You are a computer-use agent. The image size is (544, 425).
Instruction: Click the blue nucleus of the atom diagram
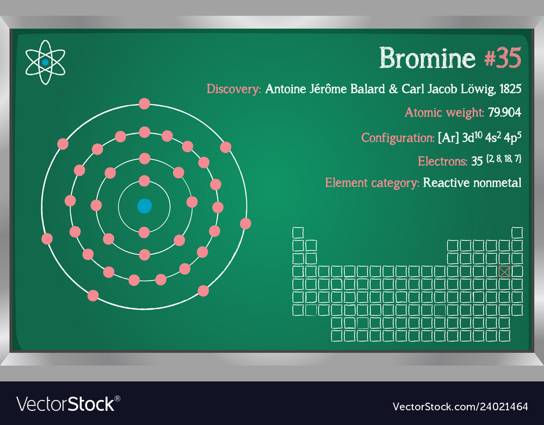pyautogui.click(x=144, y=206)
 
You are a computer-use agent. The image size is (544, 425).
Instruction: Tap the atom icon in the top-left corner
pyautogui.click(x=45, y=63)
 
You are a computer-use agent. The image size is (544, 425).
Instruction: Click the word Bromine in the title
pyautogui.click(x=427, y=58)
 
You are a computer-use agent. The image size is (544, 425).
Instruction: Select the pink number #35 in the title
pyautogui.click(x=503, y=58)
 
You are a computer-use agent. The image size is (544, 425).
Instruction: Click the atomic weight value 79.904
pyautogui.click(x=504, y=113)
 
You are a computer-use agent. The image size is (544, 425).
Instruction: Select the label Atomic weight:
pyautogui.click(x=444, y=113)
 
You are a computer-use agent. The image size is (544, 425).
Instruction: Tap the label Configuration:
pyautogui.click(x=398, y=138)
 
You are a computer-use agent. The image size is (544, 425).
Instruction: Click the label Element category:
pyautogui.click(x=372, y=183)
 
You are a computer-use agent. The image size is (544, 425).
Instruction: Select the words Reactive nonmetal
pyautogui.click(x=472, y=183)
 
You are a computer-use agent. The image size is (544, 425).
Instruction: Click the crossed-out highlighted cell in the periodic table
pyautogui.click(x=504, y=271)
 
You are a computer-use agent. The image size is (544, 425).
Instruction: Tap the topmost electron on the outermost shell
pyautogui.click(x=144, y=104)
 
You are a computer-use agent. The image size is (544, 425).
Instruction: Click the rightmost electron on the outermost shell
pyautogui.click(x=245, y=223)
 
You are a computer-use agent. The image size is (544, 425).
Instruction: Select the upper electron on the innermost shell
pyautogui.click(x=144, y=180)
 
